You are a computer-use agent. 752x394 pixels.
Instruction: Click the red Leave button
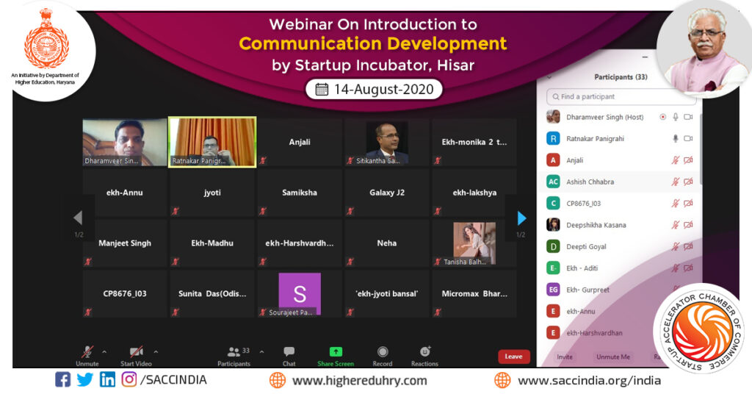coord(513,357)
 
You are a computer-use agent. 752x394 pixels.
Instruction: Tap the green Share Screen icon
coord(336,352)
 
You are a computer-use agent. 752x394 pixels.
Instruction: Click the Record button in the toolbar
coord(382,352)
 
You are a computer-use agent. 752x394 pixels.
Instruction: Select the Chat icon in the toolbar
coord(289,352)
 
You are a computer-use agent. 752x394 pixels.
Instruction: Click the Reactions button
coord(424,352)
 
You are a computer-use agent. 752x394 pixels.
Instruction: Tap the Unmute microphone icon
coord(87,352)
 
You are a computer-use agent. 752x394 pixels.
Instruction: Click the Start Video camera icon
coord(136,352)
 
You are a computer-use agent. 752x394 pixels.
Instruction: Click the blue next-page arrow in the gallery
coord(521,218)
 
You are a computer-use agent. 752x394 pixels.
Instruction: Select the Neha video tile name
coord(387,243)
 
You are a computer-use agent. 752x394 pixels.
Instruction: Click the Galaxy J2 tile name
coord(387,193)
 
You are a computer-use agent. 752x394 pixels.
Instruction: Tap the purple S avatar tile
coord(300,294)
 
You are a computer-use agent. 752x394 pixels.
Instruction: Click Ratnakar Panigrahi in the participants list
coord(595,139)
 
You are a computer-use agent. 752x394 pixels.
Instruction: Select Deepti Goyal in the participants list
coord(586,247)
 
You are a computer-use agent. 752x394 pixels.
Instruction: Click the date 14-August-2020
coord(375,90)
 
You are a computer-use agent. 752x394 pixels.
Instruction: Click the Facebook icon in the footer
coord(63,380)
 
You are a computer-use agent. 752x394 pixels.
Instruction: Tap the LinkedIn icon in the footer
coord(107,380)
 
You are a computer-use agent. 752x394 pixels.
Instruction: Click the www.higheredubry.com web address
coord(358,381)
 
